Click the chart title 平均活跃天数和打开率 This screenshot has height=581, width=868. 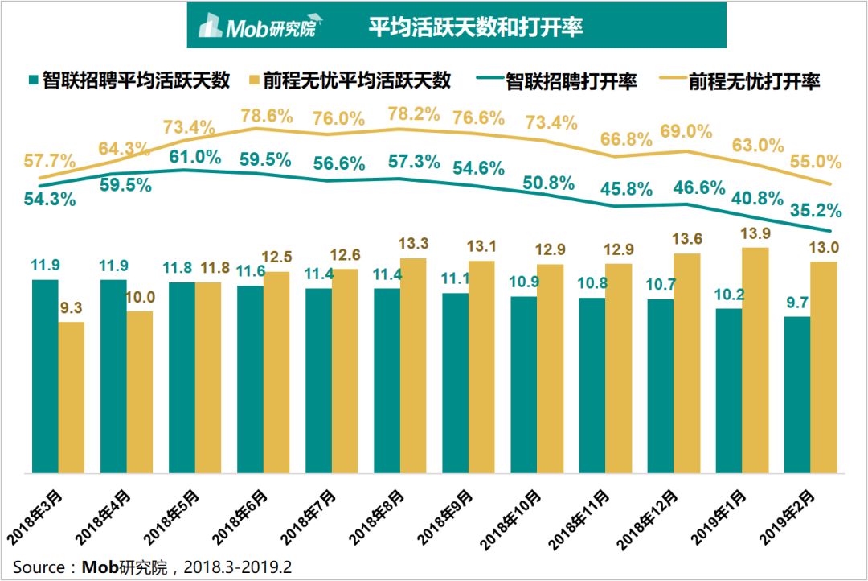pos(476,27)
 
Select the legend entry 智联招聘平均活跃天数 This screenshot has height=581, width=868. pos(129,81)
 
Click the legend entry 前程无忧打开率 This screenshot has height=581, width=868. pos(739,81)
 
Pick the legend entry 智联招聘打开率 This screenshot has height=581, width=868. pos(556,81)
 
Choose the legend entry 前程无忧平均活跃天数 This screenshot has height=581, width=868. pos(350,81)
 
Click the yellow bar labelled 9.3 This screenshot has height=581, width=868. pos(72,398)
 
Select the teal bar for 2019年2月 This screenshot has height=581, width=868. pos(797,395)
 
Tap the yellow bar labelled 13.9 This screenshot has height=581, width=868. pos(755,361)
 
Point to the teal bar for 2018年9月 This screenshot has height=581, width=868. pos(455,383)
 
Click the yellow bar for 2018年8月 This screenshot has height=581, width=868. pos(413,365)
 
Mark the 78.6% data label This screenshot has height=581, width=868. pos(266,116)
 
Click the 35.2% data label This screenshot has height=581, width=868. pos(816,210)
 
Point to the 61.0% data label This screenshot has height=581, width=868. pos(194,157)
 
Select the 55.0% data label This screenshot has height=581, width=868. pos(816,161)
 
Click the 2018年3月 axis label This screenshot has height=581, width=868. pos(35,517)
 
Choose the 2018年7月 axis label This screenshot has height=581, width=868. pos(308,517)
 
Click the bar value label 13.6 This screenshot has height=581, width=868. pos(687,239)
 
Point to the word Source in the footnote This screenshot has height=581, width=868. pos(39,567)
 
